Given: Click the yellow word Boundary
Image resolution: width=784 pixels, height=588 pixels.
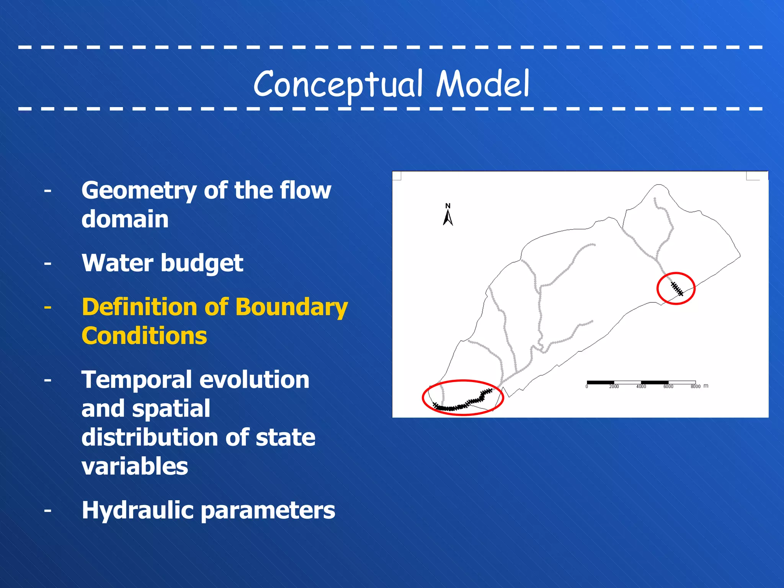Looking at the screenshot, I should coord(291,307).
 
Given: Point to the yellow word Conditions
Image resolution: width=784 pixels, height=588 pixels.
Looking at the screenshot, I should coord(144,336).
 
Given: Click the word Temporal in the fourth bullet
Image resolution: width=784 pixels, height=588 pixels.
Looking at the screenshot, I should coord(137,380).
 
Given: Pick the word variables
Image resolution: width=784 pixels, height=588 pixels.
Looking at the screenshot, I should coord(135,467).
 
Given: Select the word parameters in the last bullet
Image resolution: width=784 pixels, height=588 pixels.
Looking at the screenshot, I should coord(268,511).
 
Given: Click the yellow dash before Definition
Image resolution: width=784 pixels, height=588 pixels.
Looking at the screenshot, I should coord(47,307).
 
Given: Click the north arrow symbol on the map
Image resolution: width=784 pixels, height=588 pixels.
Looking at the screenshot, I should coord(448,218).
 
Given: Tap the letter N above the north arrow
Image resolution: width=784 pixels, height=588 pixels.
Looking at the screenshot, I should coord(448,206).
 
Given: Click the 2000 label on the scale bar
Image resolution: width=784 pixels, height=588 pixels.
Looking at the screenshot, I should coord(614,387).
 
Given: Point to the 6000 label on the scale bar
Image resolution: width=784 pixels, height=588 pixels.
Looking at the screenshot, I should coord(668,387).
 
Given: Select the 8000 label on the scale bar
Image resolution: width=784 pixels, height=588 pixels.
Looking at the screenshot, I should coord(695,387).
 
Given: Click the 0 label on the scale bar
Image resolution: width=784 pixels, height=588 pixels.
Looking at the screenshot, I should coord(586,387).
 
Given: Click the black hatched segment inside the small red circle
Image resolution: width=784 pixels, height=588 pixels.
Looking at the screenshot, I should coord(677,289).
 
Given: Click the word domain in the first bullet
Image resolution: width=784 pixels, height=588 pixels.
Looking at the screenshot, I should coord(125,219).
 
